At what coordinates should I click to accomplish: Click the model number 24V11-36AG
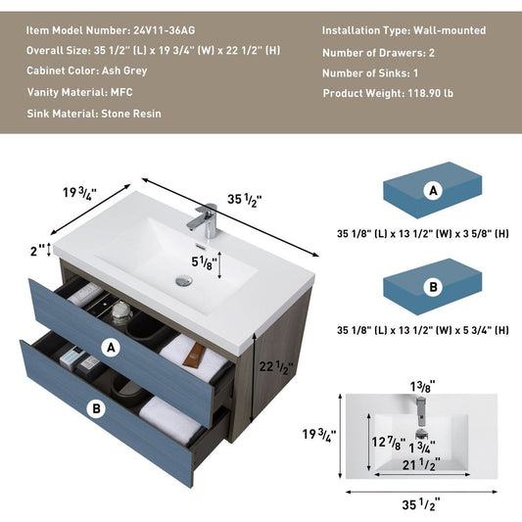tap(165, 30)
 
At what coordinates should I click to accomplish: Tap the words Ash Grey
tap(124, 71)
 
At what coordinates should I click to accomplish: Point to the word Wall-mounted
tap(450, 30)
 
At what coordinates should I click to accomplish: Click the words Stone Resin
tap(131, 114)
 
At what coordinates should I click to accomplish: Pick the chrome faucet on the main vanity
tap(204, 220)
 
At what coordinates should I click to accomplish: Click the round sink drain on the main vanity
tap(184, 280)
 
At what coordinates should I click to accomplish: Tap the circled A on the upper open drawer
tap(111, 348)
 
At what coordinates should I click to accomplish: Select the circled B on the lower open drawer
tap(97, 408)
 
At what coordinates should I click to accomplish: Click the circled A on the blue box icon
tap(433, 191)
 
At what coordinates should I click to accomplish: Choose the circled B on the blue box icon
tap(433, 287)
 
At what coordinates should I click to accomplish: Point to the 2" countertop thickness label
tap(37, 251)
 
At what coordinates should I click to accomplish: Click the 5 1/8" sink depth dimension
tap(204, 262)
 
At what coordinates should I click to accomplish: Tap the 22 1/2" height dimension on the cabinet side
tap(276, 367)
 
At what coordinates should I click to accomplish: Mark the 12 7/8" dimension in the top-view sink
tap(389, 443)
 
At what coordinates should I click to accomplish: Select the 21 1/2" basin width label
tap(421, 464)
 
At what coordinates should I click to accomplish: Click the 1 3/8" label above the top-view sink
tap(423, 387)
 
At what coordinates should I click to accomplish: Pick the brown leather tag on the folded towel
tap(194, 356)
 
